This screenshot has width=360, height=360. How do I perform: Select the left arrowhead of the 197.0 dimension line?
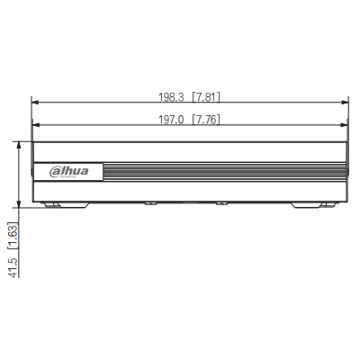(x=35, y=127)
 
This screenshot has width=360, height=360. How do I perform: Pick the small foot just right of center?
(x=219, y=202)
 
